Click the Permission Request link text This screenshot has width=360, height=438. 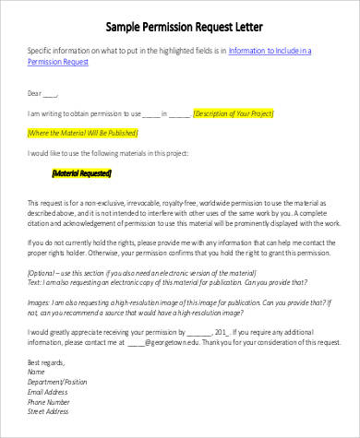58,64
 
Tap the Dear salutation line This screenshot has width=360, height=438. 43,93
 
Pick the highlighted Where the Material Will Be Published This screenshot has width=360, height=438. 90,134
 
